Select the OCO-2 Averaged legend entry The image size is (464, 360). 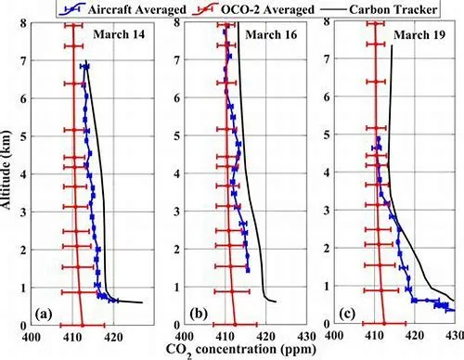(x=253, y=9)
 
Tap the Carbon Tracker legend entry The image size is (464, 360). (x=380, y=9)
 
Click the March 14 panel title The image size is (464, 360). (x=119, y=34)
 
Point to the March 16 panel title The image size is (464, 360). (x=271, y=34)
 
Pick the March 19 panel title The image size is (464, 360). (x=419, y=34)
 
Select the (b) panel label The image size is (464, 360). (x=199, y=314)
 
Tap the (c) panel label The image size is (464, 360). (x=347, y=314)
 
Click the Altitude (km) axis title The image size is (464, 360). (x=6, y=170)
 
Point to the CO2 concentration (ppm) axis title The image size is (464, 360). (x=241, y=351)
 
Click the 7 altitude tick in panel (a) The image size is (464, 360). (x=23, y=60)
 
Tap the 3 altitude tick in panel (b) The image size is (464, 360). (x=176, y=212)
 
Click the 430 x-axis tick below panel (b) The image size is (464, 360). (x=306, y=337)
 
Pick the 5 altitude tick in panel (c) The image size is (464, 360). (x=327, y=135)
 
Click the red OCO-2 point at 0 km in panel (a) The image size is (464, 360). (x=83, y=325)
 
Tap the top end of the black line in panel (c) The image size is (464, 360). (x=392, y=45)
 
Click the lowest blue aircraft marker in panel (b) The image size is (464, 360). (x=248, y=271)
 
